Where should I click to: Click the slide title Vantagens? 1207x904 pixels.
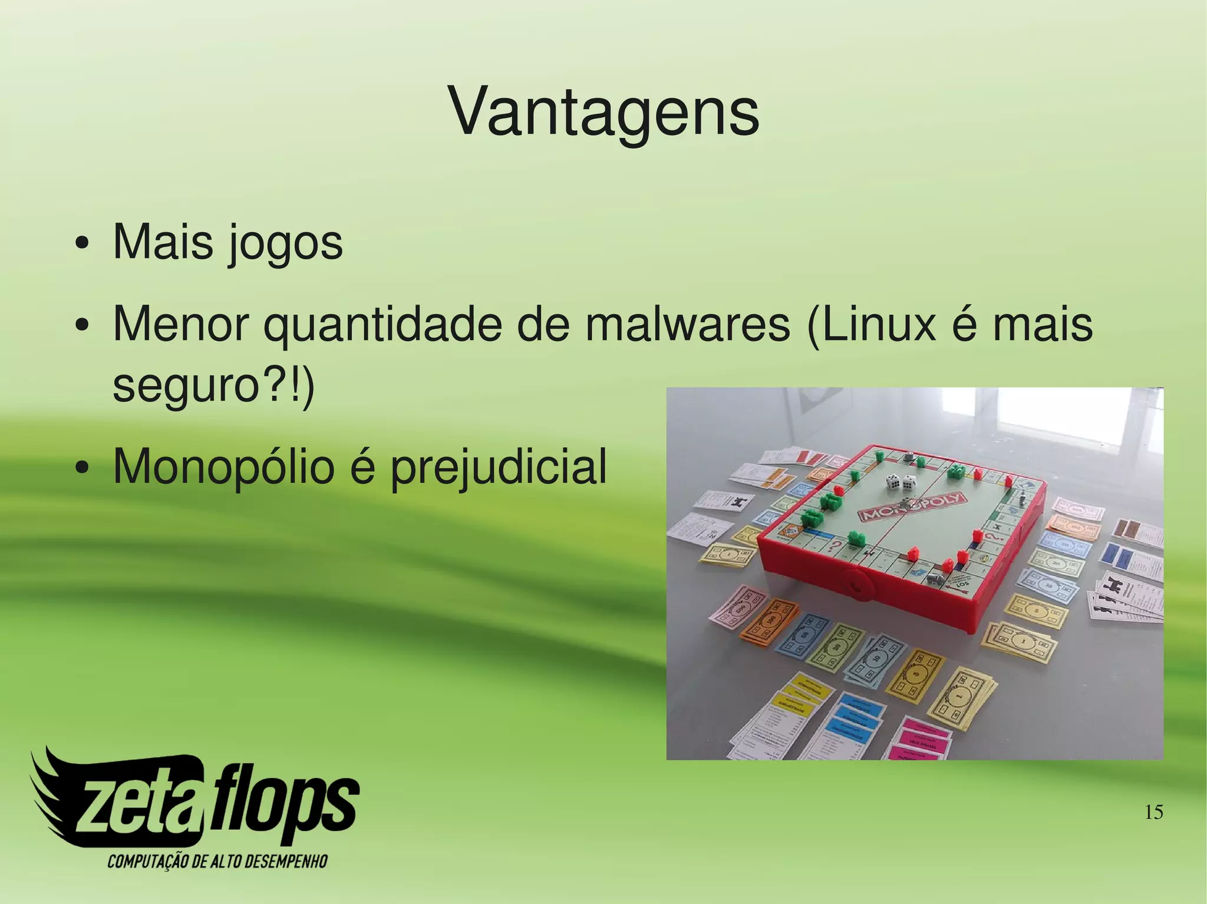point(603,112)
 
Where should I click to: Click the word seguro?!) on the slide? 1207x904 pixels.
point(213,386)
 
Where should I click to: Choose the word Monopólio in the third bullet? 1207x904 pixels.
point(223,466)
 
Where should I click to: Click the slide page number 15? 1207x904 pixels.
point(1153,813)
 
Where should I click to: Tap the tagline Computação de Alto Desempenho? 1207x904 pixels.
point(217,861)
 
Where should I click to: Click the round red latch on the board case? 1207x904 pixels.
point(856,584)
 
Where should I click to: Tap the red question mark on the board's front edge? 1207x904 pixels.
point(836,548)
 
